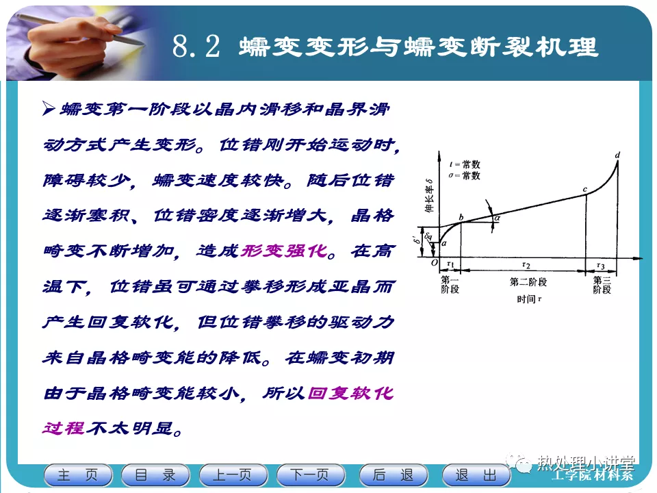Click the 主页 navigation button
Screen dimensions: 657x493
[x=78, y=475]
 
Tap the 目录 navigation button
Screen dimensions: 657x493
[x=155, y=475]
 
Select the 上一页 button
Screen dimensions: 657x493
[x=233, y=475]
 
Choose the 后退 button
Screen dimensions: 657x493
[x=394, y=475]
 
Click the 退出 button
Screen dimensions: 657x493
[x=476, y=475]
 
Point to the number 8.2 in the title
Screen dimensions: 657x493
[x=196, y=46]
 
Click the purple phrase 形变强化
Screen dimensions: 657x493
[x=283, y=251]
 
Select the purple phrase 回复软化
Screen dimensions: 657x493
[x=350, y=393]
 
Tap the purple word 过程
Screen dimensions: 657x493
[x=64, y=429]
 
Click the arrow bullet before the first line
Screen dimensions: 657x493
[x=49, y=109]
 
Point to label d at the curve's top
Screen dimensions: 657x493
[x=617, y=155]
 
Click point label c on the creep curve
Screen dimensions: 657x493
[x=585, y=190]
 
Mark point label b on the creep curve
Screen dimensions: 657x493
[x=461, y=217]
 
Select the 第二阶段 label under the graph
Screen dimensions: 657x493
[x=528, y=282]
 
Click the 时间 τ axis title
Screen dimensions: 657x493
[x=529, y=299]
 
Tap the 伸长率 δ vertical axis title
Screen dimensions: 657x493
[x=429, y=195]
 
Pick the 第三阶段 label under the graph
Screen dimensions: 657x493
[x=602, y=285]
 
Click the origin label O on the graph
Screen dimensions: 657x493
[x=435, y=263]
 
